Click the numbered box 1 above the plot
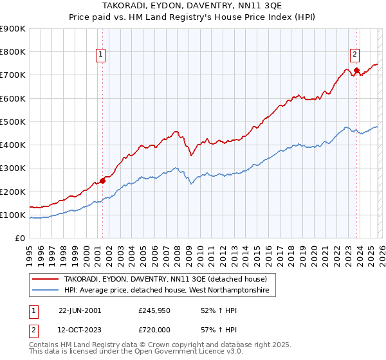(102, 55)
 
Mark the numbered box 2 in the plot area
(354, 55)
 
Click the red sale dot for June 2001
(102, 181)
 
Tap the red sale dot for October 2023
(356, 71)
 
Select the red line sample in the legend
(46, 279)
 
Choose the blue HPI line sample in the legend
(46, 291)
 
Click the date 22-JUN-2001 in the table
(80, 310)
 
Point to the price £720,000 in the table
(155, 330)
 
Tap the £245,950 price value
(155, 310)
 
